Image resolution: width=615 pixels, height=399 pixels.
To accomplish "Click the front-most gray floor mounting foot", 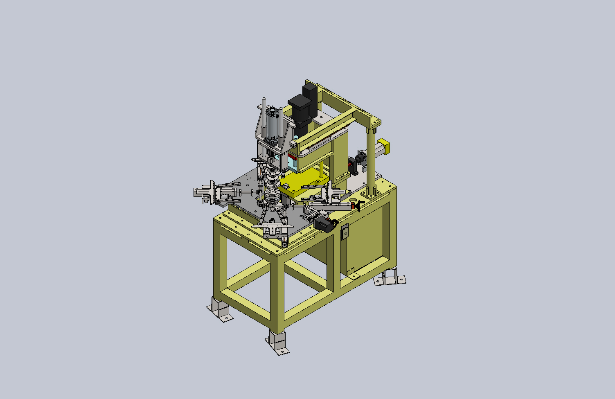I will point(277,343).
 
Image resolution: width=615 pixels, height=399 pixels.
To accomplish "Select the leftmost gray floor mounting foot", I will point(219,310).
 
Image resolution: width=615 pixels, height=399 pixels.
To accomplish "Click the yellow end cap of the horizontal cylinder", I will point(385,147).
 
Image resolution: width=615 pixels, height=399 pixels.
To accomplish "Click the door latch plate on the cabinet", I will point(345,232).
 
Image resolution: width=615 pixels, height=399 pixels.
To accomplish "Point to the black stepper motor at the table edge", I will point(324,224).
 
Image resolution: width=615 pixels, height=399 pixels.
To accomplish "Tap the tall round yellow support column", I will point(370,160).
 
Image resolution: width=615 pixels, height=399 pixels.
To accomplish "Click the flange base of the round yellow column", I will point(371,193).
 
